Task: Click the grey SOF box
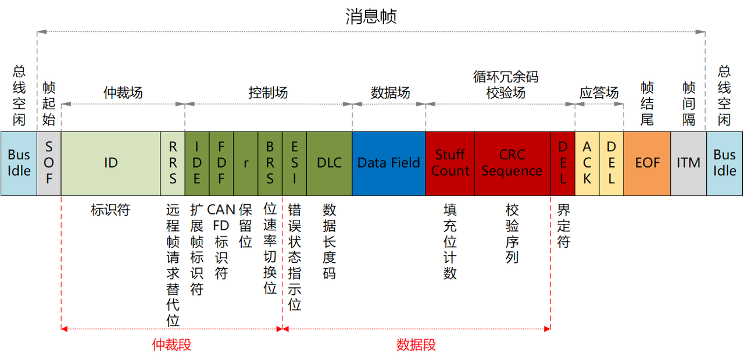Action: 49,163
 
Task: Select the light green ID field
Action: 111,163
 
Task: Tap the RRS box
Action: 173,163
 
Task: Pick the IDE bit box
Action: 197,163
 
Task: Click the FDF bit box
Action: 221,163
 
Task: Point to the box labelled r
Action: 246,163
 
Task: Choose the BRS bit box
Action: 270,163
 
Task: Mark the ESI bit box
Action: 295,163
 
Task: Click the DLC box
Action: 329,163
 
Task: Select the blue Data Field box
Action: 388,163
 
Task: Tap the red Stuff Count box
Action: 450,163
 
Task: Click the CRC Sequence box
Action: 512,163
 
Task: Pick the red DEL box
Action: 563,163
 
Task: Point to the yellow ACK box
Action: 587,163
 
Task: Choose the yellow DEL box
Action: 611,163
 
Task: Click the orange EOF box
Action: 647,163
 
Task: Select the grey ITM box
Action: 688,163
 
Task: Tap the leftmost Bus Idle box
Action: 19,163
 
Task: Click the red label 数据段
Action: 416,345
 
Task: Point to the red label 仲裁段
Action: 171,345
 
